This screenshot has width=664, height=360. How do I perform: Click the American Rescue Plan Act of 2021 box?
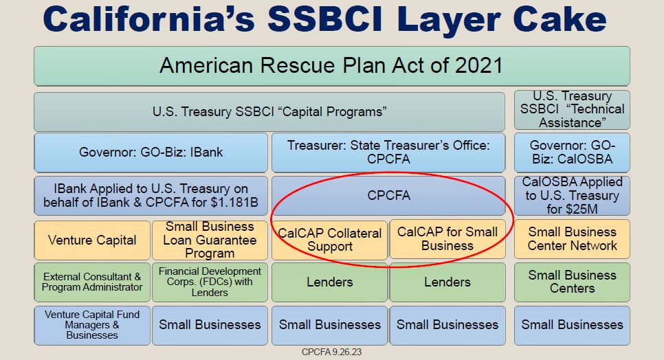(331, 66)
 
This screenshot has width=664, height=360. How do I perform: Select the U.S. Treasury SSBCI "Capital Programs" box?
(270, 111)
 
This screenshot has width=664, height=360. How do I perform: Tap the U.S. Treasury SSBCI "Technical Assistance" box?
(572, 110)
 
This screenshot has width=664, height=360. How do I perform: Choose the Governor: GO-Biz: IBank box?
(151, 153)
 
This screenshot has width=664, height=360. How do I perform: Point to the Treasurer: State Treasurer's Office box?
(389, 153)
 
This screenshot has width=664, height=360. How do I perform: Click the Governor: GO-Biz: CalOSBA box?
(572, 153)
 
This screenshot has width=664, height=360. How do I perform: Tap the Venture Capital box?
(92, 240)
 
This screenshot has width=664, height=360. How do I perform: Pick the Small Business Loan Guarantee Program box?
(210, 240)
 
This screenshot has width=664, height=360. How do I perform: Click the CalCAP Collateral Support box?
(330, 240)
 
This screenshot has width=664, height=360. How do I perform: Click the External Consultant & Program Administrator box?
(92, 282)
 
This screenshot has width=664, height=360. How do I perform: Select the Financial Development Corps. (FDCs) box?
(210, 282)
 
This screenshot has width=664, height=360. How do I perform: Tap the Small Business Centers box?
(572, 282)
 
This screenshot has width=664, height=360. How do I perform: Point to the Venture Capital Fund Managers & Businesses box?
(92, 325)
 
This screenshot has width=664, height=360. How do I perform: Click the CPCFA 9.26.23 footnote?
(331, 352)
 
